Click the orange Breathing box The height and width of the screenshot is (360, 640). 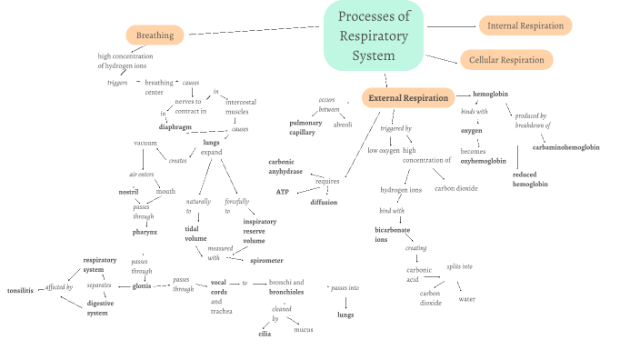(x=155, y=35)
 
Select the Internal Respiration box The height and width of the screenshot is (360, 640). (x=525, y=25)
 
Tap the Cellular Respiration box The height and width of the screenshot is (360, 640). (x=506, y=60)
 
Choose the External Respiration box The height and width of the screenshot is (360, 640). (x=408, y=97)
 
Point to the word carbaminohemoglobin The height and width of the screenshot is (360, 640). (x=565, y=146)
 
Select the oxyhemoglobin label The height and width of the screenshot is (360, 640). (x=483, y=161)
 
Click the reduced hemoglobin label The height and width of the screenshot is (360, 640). (x=530, y=179)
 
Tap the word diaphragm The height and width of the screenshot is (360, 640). (x=175, y=127)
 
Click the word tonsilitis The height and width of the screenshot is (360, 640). (x=20, y=290)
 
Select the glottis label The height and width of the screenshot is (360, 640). (x=142, y=285)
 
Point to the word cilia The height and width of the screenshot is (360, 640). (x=265, y=333)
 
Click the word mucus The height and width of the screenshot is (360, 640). (x=303, y=329)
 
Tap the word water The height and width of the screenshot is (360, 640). (x=466, y=298)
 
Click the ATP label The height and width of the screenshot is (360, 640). (x=283, y=192)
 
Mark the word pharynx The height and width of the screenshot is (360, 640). (x=145, y=232)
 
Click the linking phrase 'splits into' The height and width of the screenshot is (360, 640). (x=459, y=266)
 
